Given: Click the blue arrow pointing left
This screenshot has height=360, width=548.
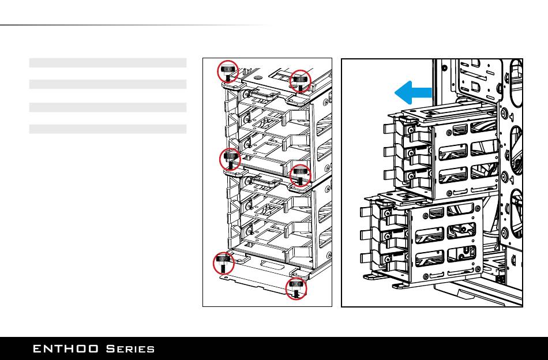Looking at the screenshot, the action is (x=414, y=92).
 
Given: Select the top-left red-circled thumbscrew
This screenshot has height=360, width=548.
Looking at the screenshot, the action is (x=228, y=72).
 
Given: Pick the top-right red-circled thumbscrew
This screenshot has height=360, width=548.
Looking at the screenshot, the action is (x=301, y=80).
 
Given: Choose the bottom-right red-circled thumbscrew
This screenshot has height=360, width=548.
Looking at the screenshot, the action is (x=296, y=287).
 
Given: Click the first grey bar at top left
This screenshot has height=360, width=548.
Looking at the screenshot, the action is (x=108, y=62).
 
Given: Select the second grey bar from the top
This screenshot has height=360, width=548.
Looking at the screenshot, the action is (x=108, y=84).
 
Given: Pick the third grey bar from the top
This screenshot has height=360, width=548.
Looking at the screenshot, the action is (x=108, y=107).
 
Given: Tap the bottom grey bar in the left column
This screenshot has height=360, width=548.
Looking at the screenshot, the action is (x=108, y=129).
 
